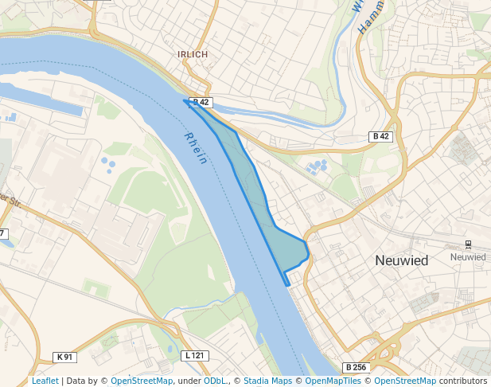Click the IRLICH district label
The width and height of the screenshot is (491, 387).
pos(193,54)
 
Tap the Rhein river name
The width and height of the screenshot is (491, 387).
pos(196,148)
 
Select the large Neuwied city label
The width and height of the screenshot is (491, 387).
pos(401,260)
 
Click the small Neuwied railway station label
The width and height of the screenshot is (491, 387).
pos(467,257)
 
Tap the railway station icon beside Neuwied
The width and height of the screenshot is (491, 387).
pos(468,245)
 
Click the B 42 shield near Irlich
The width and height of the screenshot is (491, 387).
pos(201,103)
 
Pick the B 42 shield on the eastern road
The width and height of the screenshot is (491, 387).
pos(381,137)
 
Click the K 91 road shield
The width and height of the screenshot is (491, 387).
pos(64,356)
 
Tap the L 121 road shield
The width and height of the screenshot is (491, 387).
pos(193,355)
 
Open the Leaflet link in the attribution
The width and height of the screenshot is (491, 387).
pos(45,381)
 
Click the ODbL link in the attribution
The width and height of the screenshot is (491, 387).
pos(215,381)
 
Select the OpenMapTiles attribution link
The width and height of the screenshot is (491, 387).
pos(331,381)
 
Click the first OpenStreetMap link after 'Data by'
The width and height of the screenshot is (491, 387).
pos(142,381)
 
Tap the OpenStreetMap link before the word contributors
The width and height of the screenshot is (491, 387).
pos(405,381)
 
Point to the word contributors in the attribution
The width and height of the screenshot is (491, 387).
pos(463,381)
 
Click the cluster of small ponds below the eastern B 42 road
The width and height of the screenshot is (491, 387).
pos(317,167)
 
